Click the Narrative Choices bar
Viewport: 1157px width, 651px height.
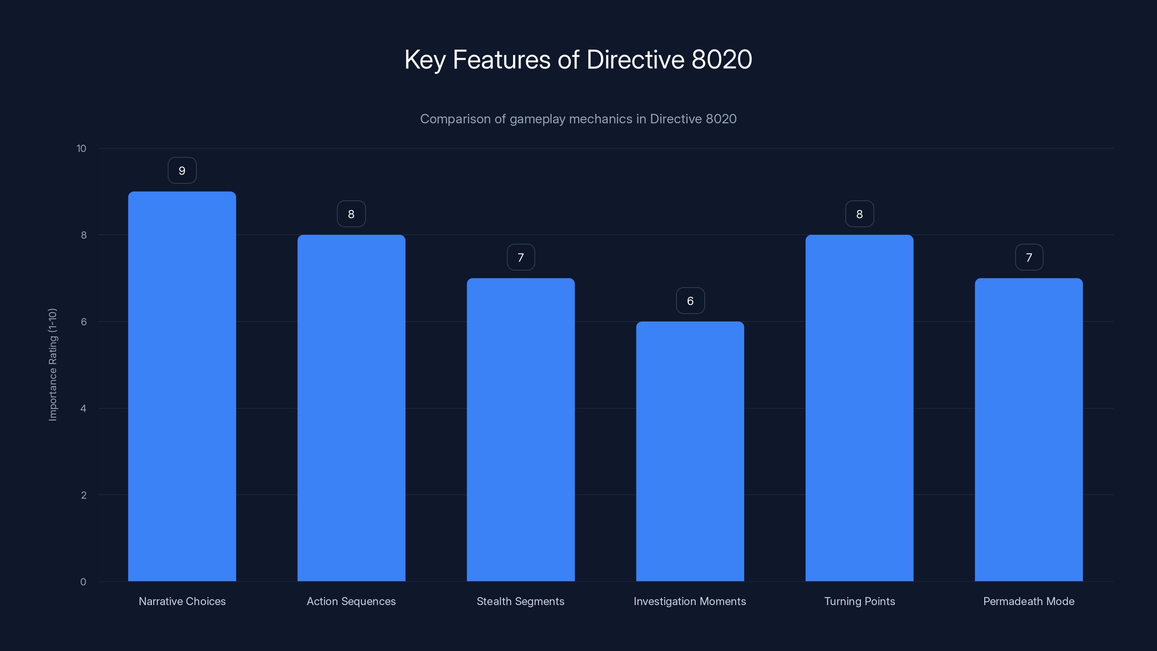182,386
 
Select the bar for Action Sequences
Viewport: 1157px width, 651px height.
351,408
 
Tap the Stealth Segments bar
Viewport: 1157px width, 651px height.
521,430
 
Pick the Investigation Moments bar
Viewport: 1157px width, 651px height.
690,451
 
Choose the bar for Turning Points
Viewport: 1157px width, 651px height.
859,408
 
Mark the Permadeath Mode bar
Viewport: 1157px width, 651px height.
1029,430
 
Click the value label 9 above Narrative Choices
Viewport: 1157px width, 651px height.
182,171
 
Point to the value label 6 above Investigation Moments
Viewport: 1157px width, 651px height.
690,301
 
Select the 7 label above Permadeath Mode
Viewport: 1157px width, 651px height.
1029,258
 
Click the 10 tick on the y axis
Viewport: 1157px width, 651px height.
81,149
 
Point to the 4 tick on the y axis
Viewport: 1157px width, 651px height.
83,408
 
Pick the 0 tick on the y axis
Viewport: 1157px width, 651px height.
83,582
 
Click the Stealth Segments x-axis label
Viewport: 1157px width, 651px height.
521,601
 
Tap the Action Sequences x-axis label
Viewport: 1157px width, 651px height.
351,601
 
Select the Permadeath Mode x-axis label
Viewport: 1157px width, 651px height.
1029,601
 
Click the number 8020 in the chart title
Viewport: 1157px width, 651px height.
722,59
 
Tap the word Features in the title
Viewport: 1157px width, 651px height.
501,59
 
